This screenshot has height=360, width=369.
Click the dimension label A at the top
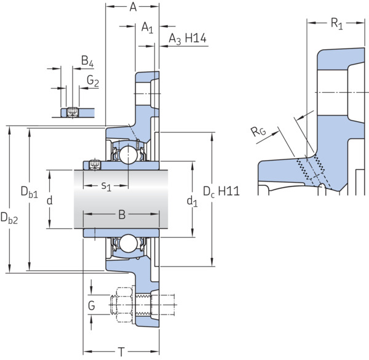[x=133, y=7]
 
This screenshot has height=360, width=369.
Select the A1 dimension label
[x=148, y=27]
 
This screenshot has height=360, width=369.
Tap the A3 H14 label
[x=188, y=39]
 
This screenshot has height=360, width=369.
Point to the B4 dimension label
[x=87, y=61]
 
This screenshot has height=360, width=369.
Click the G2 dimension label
[x=93, y=81]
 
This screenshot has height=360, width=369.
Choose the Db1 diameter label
[x=29, y=191]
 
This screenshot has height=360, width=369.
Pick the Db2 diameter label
[x=9, y=218]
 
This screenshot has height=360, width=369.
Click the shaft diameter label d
[x=50, y=201]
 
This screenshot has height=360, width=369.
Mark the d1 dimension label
[x=192, y=202]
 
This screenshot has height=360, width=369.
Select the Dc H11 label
[x=221, y=191]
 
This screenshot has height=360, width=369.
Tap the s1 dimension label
[x=106, y=186]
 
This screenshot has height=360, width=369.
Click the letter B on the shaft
[x=122, y=215]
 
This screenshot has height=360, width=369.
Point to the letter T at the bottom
[x=121, y=352]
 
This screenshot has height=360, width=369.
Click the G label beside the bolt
[x=92, y=306]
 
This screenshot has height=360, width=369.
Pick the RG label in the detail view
[x=258, y=131]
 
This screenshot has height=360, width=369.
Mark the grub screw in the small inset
[x=72, y=113]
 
